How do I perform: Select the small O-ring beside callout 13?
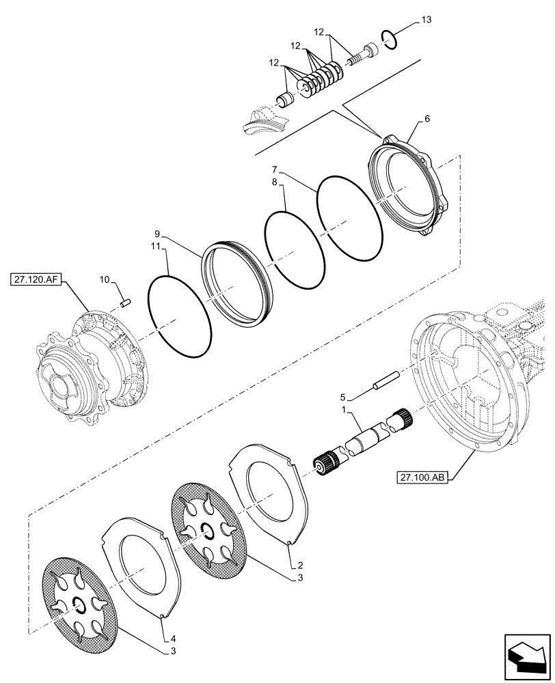(x=388, y=41)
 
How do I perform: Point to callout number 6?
(x=427, y=118)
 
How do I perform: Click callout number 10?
(x=104, y=279)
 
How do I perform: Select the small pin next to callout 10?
(x=125, y=303)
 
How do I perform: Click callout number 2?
(x=300, y=566)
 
